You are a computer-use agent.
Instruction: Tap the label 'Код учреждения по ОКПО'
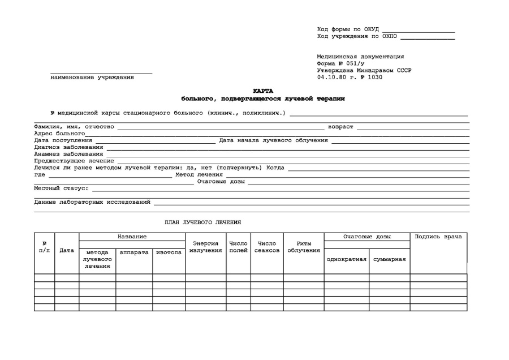[357, 36]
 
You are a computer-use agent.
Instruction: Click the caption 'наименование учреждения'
[92, 77]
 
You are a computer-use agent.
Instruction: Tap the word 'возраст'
[340, 127]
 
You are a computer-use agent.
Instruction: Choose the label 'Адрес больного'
[59, 134]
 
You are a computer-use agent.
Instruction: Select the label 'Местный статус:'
[61, 188]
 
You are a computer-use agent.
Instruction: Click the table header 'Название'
[132, 237]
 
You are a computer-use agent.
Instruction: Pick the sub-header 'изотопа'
[169, 252]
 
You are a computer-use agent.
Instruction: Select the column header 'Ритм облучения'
[304, 247]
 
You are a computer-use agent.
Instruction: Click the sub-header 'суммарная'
[390, 259]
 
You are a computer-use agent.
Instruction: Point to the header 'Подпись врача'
[438, 237]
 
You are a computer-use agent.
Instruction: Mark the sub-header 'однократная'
[347, 259]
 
